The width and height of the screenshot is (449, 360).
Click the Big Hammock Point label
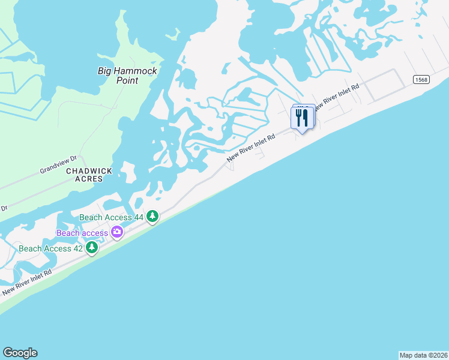coord(127,75)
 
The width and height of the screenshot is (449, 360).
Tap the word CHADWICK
coord(89,171)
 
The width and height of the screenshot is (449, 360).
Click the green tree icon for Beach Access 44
coord(153,216)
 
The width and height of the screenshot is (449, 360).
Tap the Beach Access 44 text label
coord(113,216)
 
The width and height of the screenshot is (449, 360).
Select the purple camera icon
coord(116,232)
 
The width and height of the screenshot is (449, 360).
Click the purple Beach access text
coord(82,233)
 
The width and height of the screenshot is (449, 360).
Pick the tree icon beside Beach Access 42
coord(92,247)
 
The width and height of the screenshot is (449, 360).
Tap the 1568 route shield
coord(421,80)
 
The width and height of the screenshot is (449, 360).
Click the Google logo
coord(20,353)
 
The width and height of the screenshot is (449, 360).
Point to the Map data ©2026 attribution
coord(423,355)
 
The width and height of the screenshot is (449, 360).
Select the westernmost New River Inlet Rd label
coord(27,282)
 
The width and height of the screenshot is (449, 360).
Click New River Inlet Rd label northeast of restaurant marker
coord(336,95)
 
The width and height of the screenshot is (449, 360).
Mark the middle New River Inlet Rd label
coord(251,148)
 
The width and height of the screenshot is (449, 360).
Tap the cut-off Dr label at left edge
coord(4,208)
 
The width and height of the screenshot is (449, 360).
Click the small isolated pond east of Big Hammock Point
coord(186,78)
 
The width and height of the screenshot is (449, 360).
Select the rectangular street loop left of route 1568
coord(384,85)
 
